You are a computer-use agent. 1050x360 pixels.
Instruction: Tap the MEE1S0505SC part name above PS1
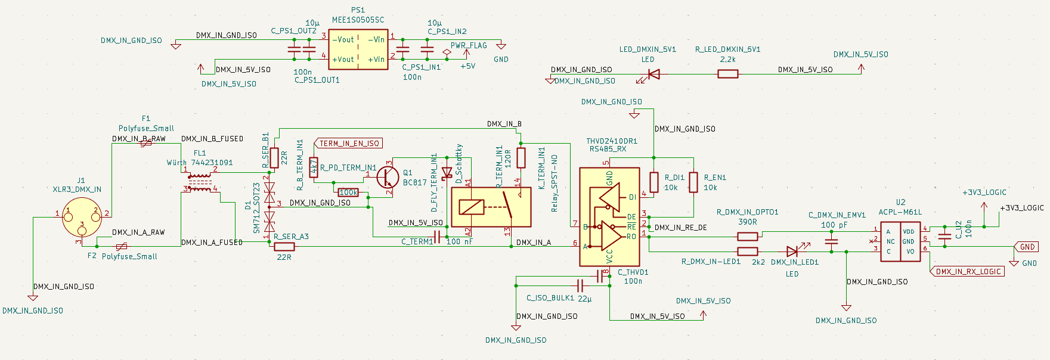pos(358,20)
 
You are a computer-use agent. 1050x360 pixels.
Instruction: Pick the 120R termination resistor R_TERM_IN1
pos(521,157)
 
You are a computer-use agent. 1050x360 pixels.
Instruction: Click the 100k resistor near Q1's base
pos(348,193)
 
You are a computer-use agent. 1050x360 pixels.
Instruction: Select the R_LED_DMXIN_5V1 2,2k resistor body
pos(727,74)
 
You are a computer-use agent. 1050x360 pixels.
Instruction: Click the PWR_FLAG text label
pos(469,45)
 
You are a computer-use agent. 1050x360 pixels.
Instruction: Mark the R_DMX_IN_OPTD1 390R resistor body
pos(748,237)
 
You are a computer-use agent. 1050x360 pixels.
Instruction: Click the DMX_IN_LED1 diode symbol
pos(793,251)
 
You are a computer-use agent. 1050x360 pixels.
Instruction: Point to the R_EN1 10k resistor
pos(693,182)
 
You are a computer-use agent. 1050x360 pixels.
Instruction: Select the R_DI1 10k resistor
pos(654,182)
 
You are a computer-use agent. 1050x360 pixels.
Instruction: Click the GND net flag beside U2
pos(1026,247)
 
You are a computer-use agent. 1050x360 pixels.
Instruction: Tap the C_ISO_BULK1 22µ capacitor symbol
pos(579,285)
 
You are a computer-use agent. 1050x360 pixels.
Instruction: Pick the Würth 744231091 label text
pos(200,162)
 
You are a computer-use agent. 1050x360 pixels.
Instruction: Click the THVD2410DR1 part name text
pos(612,141)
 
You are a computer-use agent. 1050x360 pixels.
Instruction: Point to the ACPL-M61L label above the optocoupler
pos(900,212)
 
